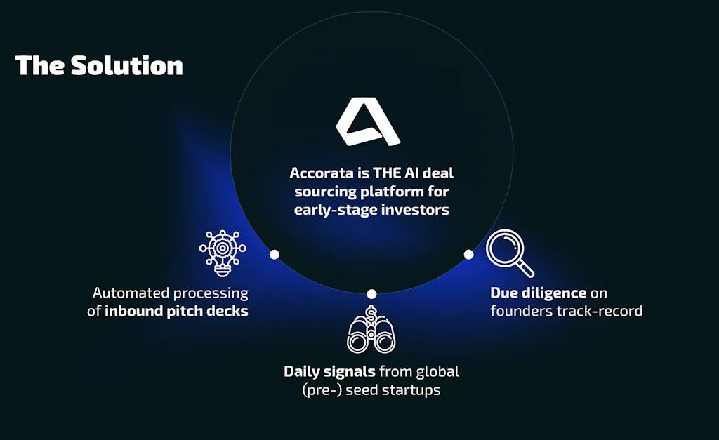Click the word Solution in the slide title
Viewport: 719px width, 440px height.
pyautogui.click(x=126, y=65)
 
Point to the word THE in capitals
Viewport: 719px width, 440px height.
pyautogui.click(x=387, y=173)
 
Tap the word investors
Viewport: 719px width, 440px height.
pyautogui.click(x=416, y=210)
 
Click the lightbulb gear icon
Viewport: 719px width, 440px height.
pyautogui.click(x=223, y=253)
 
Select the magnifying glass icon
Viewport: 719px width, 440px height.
pyautogui.click(x=510, y=253)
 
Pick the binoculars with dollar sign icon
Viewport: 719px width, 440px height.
pyautogui.click(x=371, y=329)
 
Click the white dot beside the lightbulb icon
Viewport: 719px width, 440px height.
pyautogui.click(x=275, y=254)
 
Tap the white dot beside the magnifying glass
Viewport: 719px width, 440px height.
pyautogui.click(x=468, y=254)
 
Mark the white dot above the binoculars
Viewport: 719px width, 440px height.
pyautogui.click(x=371, y=294)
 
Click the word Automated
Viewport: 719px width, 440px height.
pyautogui.click(x=131, y=293)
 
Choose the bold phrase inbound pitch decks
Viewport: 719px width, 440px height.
pyautogui.click(x=176, y=311)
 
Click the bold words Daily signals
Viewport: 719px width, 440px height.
pyautogui.click(x=330, y=372)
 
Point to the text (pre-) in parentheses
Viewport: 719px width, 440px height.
pyautogui.click(x=322, y=390)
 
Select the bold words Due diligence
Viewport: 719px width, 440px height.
pyautogui.click(x=539, y=293)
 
